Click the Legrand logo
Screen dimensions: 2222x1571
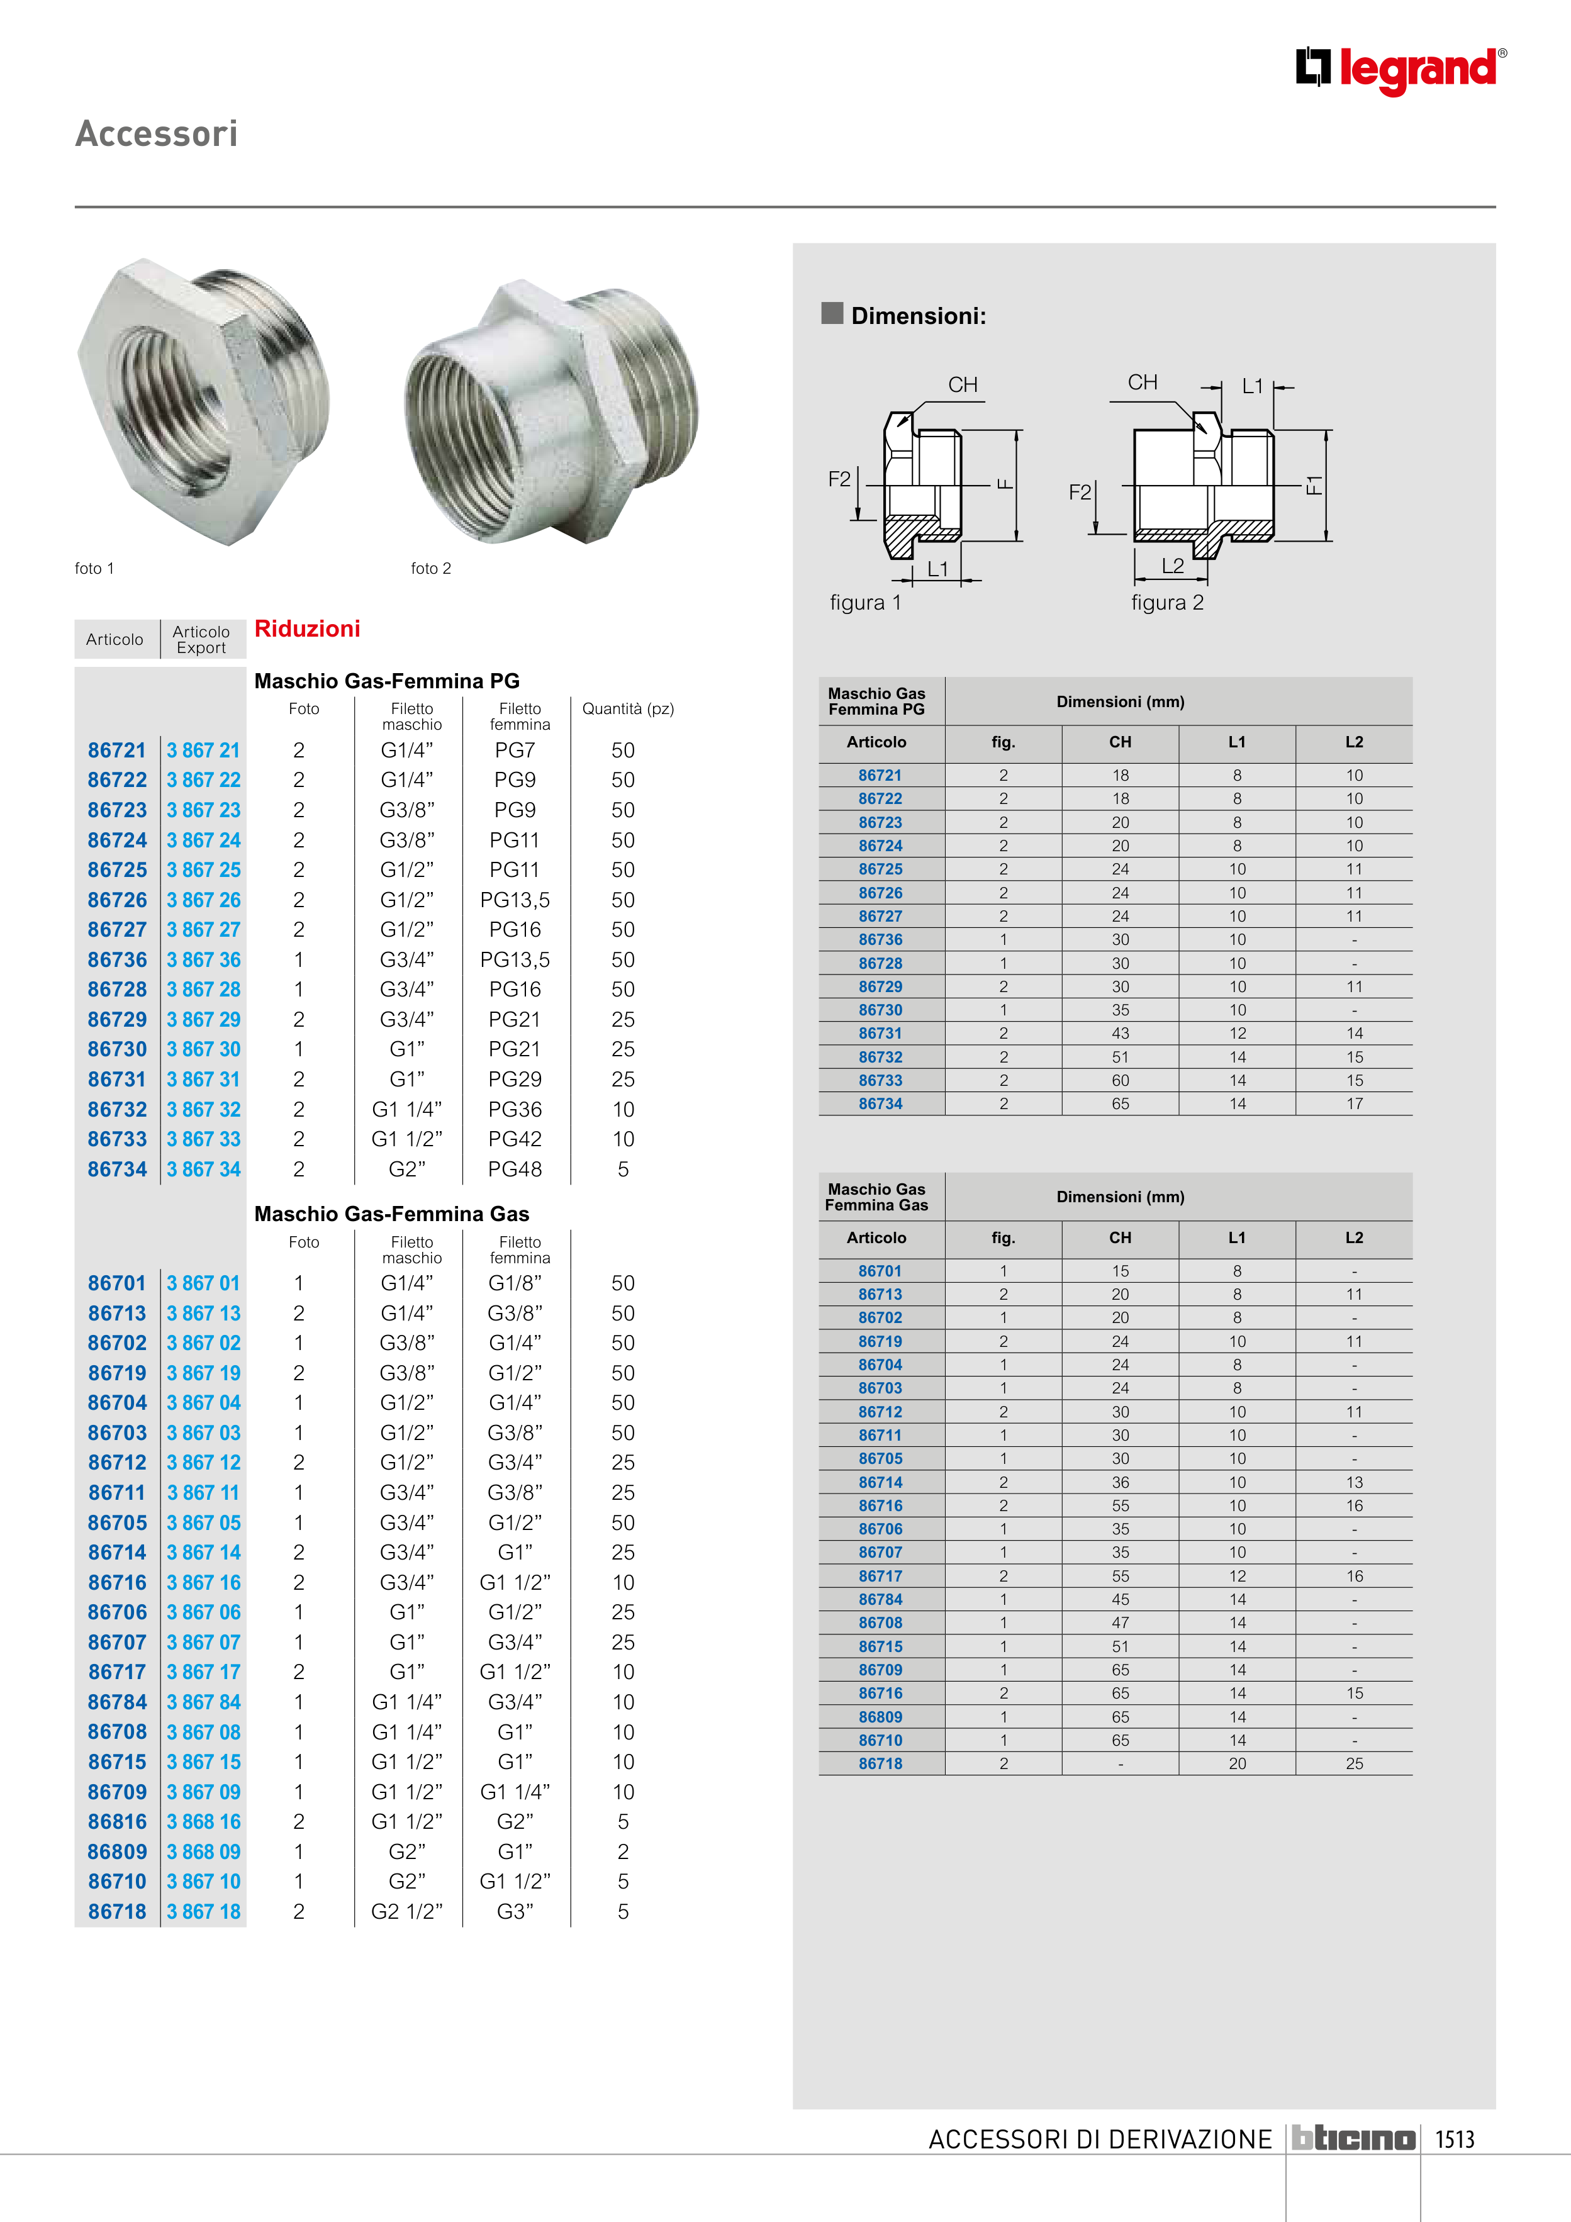(x=1400, y=70)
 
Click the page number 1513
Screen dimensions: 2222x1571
(x=1454, y=2139)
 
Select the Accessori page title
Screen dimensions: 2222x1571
(x=157, y=133)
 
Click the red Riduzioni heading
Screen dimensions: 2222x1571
(x=307, y=629)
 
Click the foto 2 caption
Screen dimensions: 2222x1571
(x=431, y=568)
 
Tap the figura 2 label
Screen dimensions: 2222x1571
(x=1167, y=603)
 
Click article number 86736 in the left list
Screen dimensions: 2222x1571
(x=117, y=960)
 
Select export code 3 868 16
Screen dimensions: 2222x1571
(x=203, y=1821)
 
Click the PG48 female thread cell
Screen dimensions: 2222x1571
(x=515, y=1169)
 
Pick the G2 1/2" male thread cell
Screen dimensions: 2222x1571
(x=406, y=1911)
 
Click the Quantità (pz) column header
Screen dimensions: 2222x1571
(x=627, y=708)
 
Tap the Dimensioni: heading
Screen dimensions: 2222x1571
(x=918, y=315)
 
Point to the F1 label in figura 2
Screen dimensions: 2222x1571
(x=1312, y=484)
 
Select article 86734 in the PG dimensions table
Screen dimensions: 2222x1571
(x=881, y=1103)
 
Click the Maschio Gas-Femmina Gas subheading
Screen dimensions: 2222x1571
(x=392, y=1214)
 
